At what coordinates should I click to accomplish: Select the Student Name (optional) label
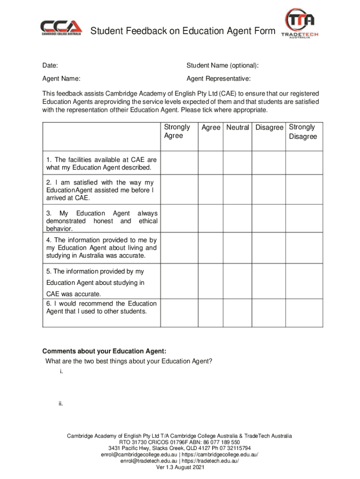[223, 65]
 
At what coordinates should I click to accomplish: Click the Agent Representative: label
[218, 78]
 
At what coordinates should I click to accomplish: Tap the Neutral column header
[238, 127]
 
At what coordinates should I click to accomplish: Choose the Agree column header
[210, 127]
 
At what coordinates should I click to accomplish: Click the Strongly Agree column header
[177, 131]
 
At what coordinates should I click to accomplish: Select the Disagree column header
[269, 127]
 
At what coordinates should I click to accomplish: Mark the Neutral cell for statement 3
[238, 220]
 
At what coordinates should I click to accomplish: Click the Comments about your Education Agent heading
[104, 351]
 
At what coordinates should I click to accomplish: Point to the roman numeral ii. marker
[61, 404]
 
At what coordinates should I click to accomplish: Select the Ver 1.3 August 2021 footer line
[180, 467]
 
